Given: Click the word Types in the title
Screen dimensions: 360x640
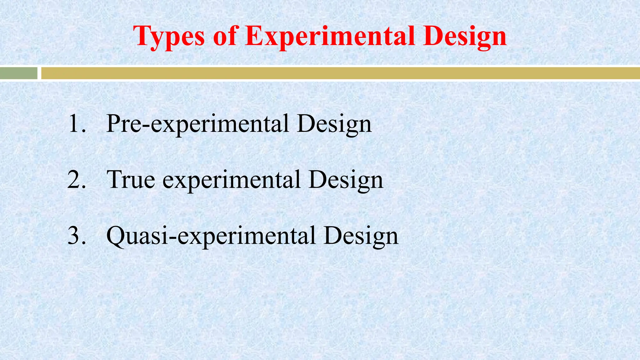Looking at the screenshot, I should (x=169, y=37).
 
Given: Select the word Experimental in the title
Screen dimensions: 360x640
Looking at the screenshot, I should (x=330, y=37).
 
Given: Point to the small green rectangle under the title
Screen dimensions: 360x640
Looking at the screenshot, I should (x=18, y=73).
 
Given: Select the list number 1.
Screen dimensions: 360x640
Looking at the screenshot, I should (x=75, y=124).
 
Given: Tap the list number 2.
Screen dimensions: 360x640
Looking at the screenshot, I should (x=76, y=180).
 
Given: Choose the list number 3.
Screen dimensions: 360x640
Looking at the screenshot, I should (x=76, y=236).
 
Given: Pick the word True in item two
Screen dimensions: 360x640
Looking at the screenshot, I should (x=131, y=180).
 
